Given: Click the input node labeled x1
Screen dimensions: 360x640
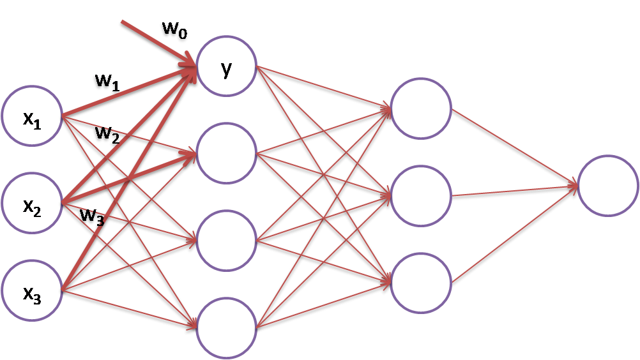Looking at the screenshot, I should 31,117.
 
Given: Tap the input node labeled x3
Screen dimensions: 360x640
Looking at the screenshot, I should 31,291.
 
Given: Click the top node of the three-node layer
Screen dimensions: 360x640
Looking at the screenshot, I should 421,107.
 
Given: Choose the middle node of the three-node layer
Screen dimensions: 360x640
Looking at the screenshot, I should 421,195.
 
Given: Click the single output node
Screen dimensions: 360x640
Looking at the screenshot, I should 608,185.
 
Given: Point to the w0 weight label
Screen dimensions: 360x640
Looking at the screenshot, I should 173,29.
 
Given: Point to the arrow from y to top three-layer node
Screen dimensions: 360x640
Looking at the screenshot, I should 323,87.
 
